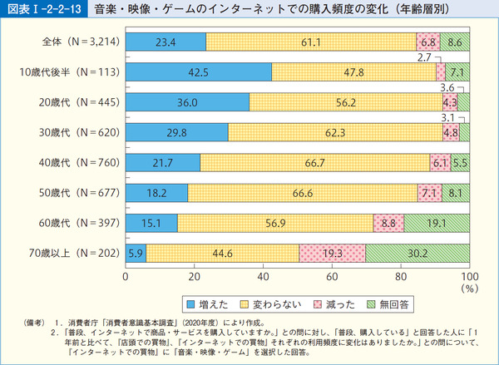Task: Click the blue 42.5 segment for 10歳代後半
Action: pos(198,72)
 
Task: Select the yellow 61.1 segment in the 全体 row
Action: pos(312,42)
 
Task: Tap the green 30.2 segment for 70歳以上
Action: pos(417,252)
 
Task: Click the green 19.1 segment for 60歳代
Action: pos(437,222)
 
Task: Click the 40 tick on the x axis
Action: pos(263,275)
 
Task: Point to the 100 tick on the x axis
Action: pos(469,275)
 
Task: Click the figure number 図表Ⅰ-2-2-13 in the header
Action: pos(41,9)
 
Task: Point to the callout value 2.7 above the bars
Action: pos(424,57)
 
